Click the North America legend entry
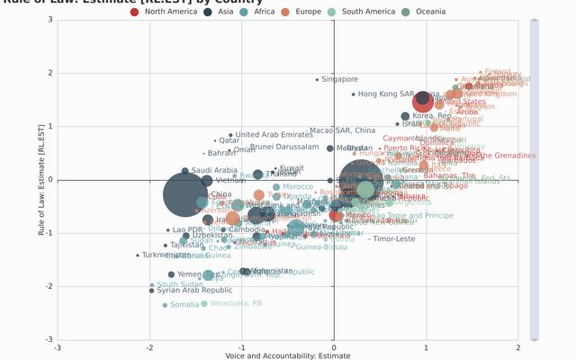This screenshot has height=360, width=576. [x=167, y=12]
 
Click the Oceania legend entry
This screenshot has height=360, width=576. [x=429, y=12]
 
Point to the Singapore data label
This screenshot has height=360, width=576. [x=339, y=79]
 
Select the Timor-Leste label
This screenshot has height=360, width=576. [x=393, y=239]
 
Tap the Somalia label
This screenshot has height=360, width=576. [x=184, y=305]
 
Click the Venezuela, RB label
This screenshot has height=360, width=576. [x=236, y=303]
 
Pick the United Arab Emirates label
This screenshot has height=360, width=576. [x=274, y=135]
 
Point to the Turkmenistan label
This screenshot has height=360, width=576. [x=166, y=256]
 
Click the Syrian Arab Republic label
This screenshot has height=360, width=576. [x=194, y=291]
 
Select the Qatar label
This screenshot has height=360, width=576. [x=229, y=140]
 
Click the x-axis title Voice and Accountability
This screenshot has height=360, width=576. [x=287, y=356]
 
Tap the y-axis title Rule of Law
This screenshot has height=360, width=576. [x=41, y=180]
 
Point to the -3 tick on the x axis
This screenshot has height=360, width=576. [x=58, y=347]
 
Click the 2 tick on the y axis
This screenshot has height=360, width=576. [x=49, y=73]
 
